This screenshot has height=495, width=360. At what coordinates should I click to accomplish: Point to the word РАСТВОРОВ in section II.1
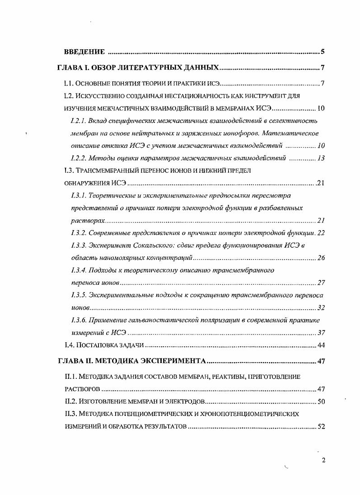pos(81,389)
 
